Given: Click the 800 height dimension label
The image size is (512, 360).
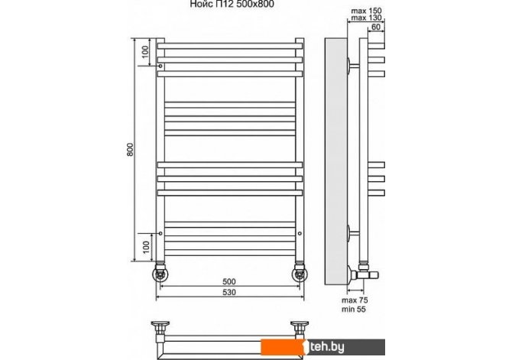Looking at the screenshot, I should tap(131, 152).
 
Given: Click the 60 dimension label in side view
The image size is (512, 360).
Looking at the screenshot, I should tap(374, 27).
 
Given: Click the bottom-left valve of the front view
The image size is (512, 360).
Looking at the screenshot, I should tap(160, 272).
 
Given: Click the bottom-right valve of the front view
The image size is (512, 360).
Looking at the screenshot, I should tap(299, 272).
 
